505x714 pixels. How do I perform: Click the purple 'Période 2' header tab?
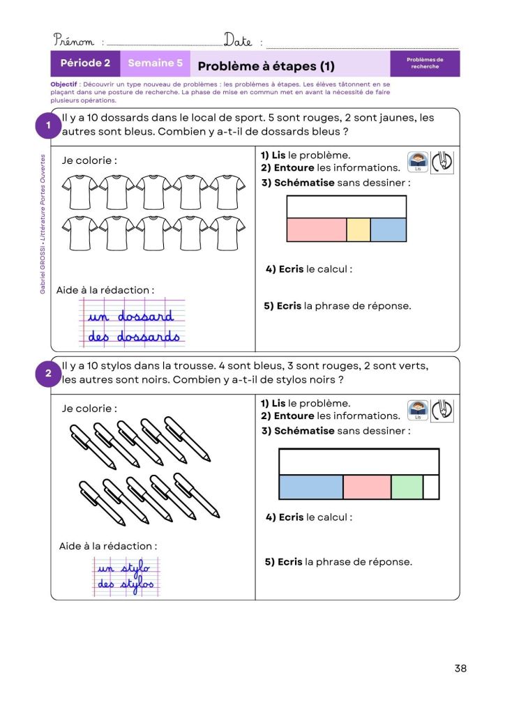click(85, 63)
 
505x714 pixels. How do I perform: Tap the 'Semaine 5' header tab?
click(155, 63)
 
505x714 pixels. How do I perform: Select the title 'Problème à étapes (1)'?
click(266, 66)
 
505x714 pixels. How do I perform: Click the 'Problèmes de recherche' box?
click(425, 63)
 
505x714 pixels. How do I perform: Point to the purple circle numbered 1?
click(48, 126)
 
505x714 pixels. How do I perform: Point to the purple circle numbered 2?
click(48, 374)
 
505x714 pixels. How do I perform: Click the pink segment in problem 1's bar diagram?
click(317, 230)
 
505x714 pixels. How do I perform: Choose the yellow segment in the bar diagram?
click(358, 230)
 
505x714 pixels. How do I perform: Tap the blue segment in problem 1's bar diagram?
click(388, 230)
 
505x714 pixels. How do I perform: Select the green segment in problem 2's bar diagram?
click(407, 487)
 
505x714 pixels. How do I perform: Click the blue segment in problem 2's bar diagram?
click(311, 487)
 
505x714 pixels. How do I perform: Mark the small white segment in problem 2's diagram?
click(431, 487)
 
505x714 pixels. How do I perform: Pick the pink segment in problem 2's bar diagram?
click(367, 487)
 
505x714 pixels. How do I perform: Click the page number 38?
click(460, 668)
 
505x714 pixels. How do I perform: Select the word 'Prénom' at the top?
click(74, 41)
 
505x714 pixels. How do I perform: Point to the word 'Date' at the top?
click(238, 40)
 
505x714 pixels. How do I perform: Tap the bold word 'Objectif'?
click(63, 84)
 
